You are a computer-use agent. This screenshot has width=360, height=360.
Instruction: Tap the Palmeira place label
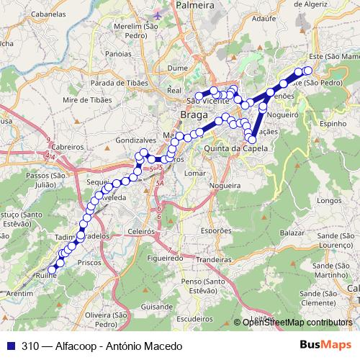tap(196, 5)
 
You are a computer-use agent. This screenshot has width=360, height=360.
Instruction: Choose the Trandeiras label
tap(217, 258)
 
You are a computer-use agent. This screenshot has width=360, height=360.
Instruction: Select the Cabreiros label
tap(68, 145)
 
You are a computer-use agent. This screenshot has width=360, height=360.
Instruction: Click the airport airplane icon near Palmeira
tap(158, 14)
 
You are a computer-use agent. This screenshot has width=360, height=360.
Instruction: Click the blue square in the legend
tap(9, 346)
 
